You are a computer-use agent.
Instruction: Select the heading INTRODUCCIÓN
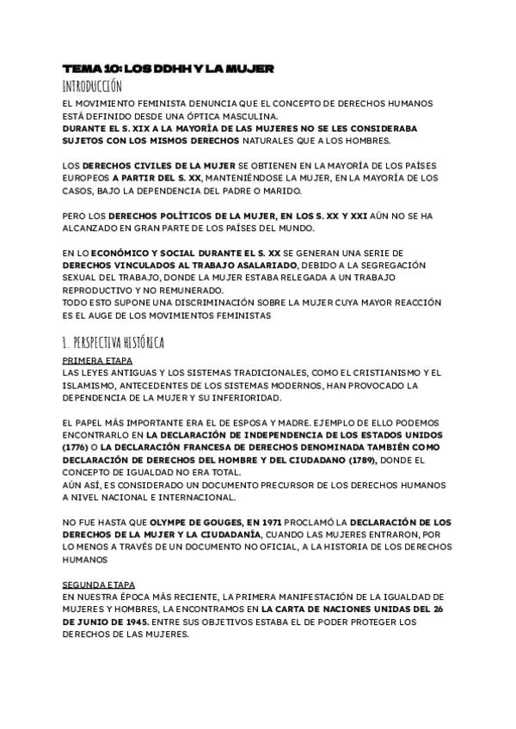(x=92, y=86)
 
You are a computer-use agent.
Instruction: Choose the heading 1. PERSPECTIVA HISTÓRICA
(x=114, y=342)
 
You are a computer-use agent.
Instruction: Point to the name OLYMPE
(x=175, y=522)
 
